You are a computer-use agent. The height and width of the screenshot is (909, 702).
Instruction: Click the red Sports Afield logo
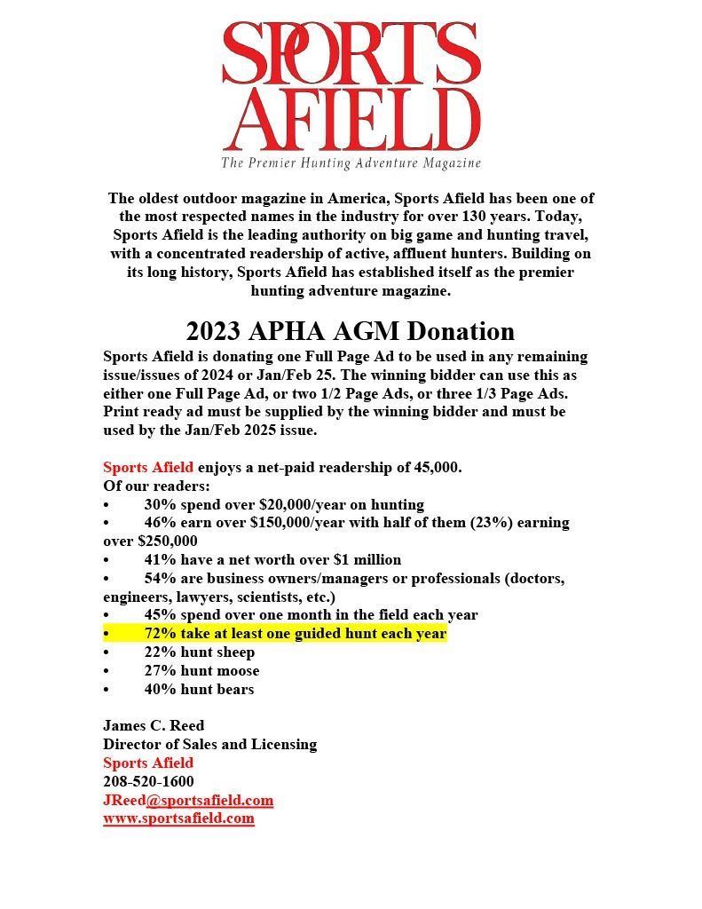(x=351, y=87)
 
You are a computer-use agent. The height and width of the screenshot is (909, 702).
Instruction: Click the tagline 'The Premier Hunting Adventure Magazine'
(x=351, y=163)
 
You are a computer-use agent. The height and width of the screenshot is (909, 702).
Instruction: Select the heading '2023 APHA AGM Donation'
(x=351, y=331)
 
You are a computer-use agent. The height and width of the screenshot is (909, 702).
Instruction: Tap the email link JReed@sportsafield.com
(x=188, y=800)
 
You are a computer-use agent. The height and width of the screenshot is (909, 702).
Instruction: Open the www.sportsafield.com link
(x=178, y=818)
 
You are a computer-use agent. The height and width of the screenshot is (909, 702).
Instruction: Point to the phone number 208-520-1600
(x=148, y=781)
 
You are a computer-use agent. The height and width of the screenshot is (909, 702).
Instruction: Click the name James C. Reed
(x=154, y=725)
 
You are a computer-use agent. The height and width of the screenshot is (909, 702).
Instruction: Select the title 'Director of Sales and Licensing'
(x=209, y=744)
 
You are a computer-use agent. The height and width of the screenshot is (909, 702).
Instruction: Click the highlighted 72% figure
(x=161, y=634)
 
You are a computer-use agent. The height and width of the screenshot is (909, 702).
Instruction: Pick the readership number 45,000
(x=435, y=467)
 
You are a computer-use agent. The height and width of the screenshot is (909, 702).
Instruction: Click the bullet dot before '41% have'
(x=106, y=560)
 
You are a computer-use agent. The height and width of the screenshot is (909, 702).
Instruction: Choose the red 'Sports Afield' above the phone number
(x=148, y=763)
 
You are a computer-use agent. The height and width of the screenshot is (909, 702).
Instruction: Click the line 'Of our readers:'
(x=157, y=486)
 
